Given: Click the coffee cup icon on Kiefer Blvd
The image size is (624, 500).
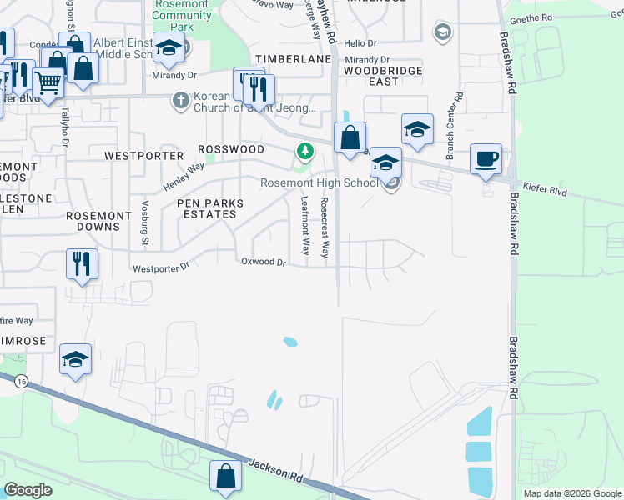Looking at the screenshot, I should coord(486,157).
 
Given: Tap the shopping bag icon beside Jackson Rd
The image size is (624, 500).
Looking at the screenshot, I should coord(225,476).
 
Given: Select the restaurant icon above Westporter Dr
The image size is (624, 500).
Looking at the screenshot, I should coord(82,263).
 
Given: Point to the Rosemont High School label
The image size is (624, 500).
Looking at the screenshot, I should coord(319,182).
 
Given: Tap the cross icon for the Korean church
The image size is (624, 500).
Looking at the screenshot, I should coord(179,101).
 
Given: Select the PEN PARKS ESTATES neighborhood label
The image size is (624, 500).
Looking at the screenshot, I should coord(209,208).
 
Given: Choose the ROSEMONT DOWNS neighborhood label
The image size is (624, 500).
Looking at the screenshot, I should coord(98,221).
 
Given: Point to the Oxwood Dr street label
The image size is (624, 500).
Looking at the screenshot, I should coord(264,262).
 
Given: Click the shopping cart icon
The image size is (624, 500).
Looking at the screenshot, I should coord(48,83).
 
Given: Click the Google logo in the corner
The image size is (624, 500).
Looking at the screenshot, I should coord(28,490).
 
